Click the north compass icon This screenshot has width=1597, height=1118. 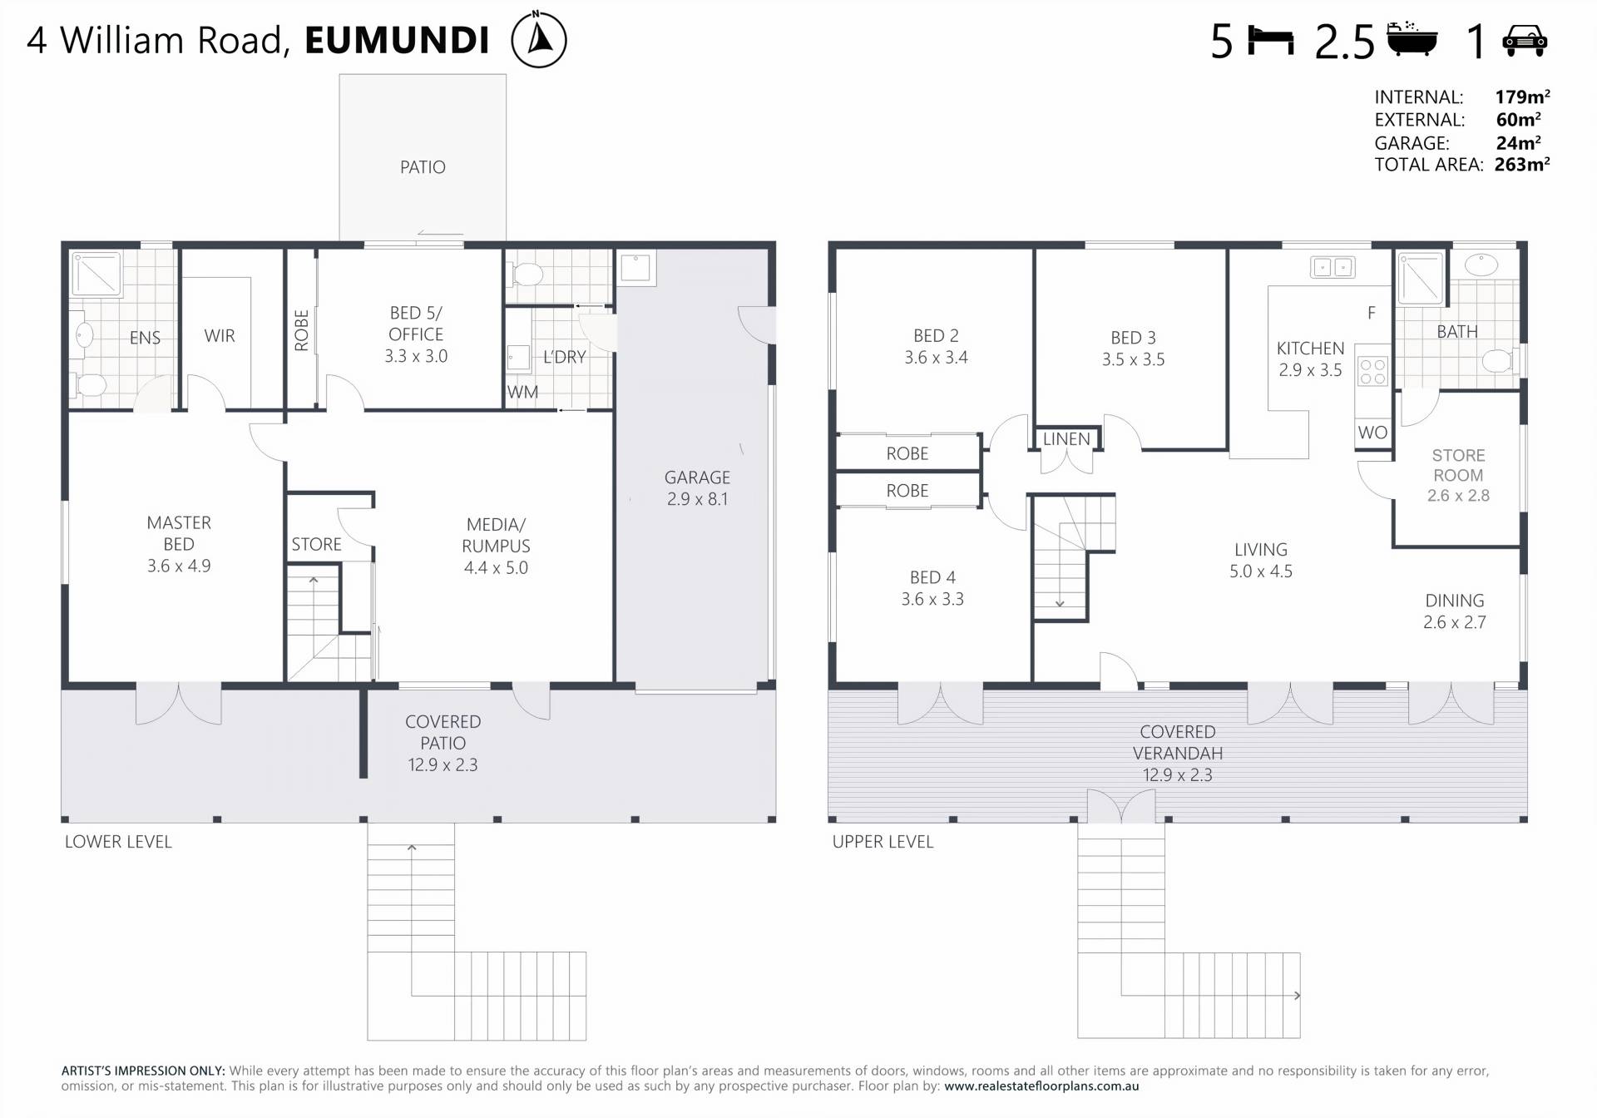coord(539,39)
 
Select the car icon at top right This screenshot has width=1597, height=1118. coord(1525,41)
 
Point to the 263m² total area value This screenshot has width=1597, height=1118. coord(1521,165)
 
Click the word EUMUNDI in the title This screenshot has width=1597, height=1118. coord(397,41)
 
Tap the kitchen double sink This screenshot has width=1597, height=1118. coord(1332,267)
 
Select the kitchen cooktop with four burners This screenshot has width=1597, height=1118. coord(1372,372)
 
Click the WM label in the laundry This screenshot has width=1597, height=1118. coord(522,392)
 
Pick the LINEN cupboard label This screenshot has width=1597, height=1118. coord(1066,439)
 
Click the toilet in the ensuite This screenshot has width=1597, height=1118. coord(90,385)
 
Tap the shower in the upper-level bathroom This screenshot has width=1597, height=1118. coord(1421,278)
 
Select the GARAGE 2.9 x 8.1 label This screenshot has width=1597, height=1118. coord(697,488)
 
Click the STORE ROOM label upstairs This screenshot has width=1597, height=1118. coord(1458,465)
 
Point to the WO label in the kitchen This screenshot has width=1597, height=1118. coord(1372,433)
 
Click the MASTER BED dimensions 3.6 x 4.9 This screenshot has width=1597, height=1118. coord(179,566)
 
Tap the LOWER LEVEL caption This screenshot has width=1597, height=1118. coord(118,842)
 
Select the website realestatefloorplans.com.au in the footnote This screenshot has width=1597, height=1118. coord(1041,1086)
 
